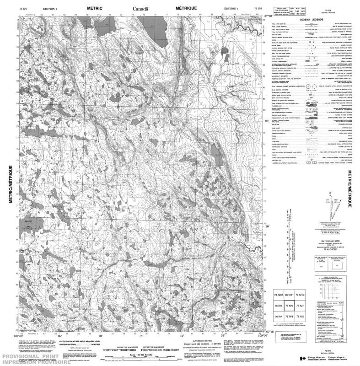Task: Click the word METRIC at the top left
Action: [95, 8]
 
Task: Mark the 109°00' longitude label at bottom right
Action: [260, 335]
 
